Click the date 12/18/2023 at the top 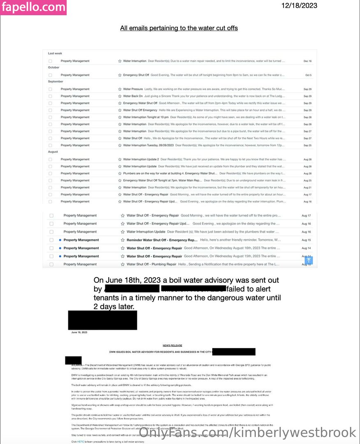pyautogui.click(x=299, y=6)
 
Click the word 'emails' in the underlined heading pyautogui.click(x=138, y=28)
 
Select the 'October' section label pyautogui.click(x=53, y=67)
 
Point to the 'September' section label pyautogui.click(x=56, y=81)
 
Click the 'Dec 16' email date pyautogui.click(x=307, y=61)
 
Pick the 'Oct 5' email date pyautogui.click(x=308, y=75)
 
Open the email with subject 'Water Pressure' pyautogui.click(x=133, y=89)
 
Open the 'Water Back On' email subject pyautogui.click(x=133, y=96)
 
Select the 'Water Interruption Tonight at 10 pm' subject pyautogui.click(x=146, y=117)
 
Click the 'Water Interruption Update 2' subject pyautogui.click(x=141, y=159)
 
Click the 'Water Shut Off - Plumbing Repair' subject pyautogui.click(x=151, y=264)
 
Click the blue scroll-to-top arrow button pyautogui.click(x=309, y=260)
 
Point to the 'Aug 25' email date pyautogui.click(x=307, y=180)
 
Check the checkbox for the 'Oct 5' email pyautogui.click(x=50, y=75)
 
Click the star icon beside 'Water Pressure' pyautogui.click(x=119, y=89)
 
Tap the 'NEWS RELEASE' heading pyautogui.click(x=172, y=345)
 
